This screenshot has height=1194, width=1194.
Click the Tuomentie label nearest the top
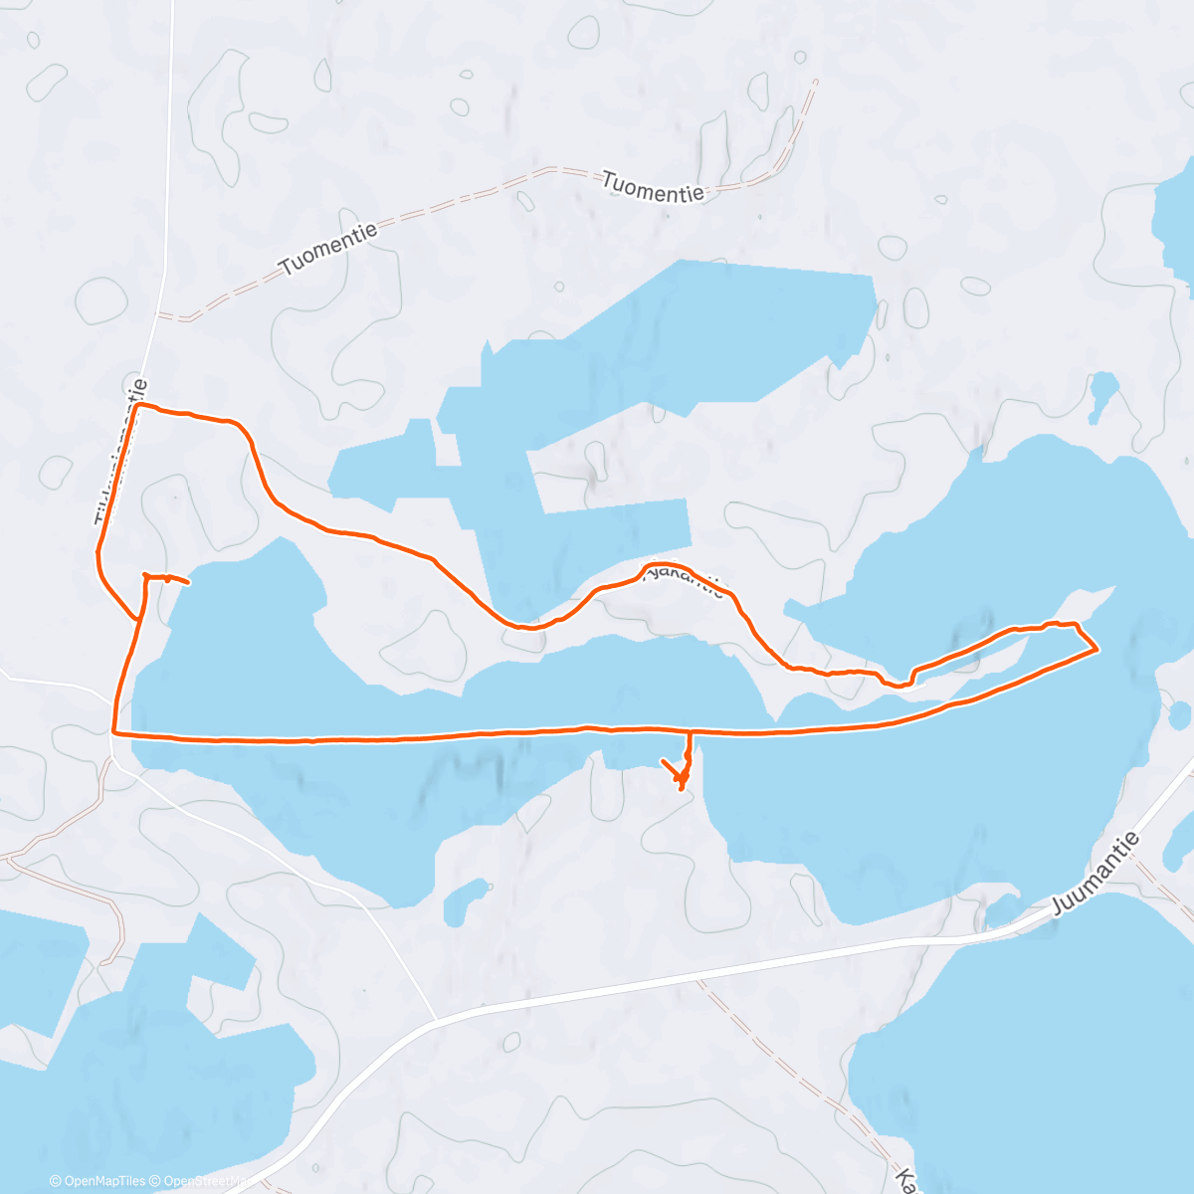pyautogui.click(x=654, y=187)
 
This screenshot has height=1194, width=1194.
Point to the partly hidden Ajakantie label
pyautogui.click(x=687, y=580)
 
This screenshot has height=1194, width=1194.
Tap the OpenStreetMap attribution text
pyautogui.click(x=209, y=1181)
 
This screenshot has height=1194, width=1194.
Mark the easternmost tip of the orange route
pyautogui.click(x=1096, y=650)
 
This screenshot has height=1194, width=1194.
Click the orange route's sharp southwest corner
pyautogui.click(x=115, y=732)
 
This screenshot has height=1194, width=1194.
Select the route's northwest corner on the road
pyautogui.click(x=137, y=406)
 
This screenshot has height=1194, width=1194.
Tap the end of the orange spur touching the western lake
pyautogui.click(x=187, y=581)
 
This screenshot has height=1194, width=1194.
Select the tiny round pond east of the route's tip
pyautogui.click(x=1180, y=713)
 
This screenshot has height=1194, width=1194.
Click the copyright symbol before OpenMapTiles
pyautogui.click(x=56, y=1181)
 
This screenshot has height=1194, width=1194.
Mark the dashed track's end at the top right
pyautogui.click(x=815, y=82)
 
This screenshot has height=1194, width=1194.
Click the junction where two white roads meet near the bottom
pyautogui.click(x=436, y=1020)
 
